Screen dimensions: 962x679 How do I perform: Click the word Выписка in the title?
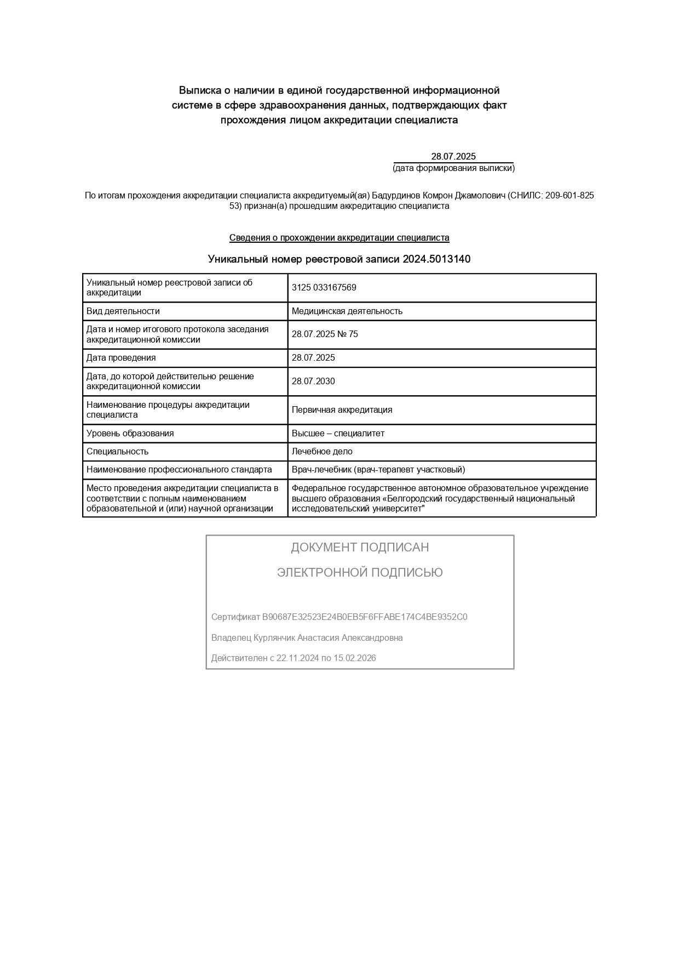coord(200,90)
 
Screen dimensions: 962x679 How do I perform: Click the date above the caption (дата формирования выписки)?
coord(453,156)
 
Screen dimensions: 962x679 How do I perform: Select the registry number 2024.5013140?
coord(436,259)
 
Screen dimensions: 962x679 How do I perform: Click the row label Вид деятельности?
coord(123,311)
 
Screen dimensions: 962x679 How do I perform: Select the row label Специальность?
coord(118,452)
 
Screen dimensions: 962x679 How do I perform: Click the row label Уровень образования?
coord(130,434)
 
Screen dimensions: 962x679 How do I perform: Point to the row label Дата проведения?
coord(121,358)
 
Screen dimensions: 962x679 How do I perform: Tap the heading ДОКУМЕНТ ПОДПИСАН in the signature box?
coord(360,547)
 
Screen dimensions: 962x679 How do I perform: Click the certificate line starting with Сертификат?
coord(339,617)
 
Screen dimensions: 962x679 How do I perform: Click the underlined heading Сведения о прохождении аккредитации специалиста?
coord(339,238)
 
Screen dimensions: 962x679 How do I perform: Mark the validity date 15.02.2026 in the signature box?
coord(355,658)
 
